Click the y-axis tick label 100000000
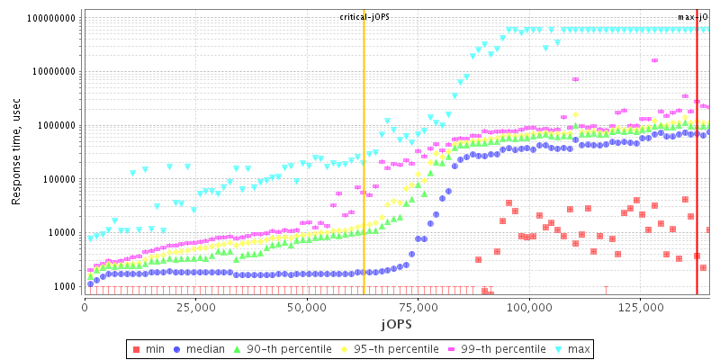(52, 18)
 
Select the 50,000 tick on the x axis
(307, 307)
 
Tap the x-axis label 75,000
(418, 307)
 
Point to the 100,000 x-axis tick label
(529, 307)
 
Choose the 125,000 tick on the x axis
(641, 307)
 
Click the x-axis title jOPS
(396, 323)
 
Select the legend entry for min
(155, 348)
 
